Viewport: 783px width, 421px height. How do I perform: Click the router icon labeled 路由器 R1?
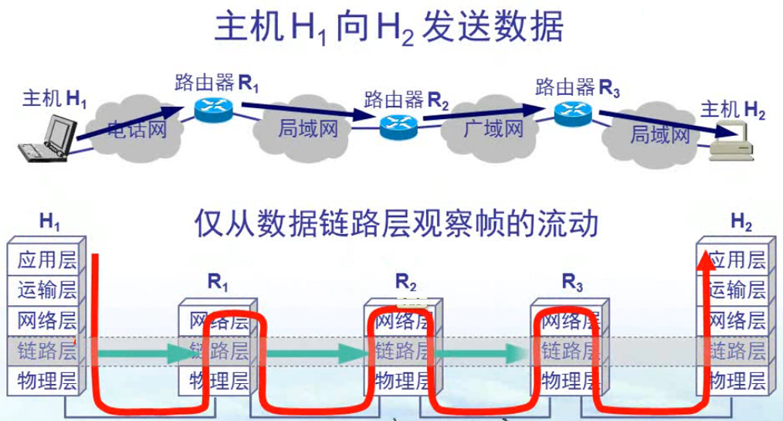click(212, 110)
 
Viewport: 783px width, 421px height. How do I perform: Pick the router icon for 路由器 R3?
click(573, 113)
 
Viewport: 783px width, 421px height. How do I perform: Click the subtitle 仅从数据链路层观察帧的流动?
click(396, 225)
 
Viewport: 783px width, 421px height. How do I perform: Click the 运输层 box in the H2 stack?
click(737, 290)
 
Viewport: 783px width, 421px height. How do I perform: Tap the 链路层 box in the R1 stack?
click(218, 351)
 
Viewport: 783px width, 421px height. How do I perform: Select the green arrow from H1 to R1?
click(144, 353)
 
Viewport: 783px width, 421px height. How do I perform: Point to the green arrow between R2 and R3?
click(479, 353)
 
